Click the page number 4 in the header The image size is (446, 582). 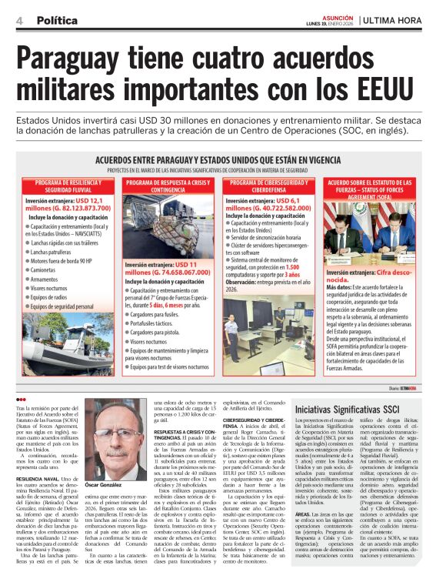(x=18, y=21)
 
